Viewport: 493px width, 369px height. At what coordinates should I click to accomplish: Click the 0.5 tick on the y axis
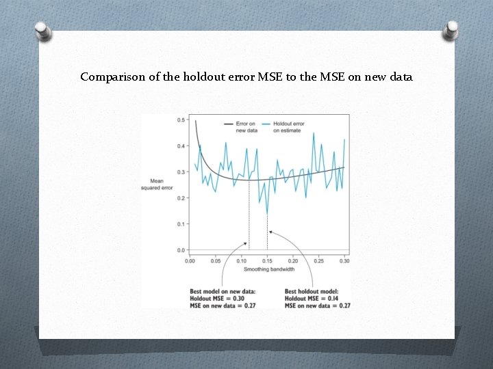[181, 120]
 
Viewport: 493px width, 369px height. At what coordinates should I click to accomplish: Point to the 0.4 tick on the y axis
[181, 146]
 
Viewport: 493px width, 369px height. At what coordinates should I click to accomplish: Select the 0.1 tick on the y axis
[181, 224]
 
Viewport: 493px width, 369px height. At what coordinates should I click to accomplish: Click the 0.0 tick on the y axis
[181, 250]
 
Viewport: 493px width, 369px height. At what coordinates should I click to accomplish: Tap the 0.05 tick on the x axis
[215, 261]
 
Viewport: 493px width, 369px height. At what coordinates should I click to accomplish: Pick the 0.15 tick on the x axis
[267, 261]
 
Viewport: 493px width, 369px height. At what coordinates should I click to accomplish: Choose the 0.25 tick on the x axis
[319, 261]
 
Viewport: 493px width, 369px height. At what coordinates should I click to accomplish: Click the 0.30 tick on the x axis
[344, 261]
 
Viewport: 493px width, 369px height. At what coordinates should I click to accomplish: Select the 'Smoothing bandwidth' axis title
[267, 269]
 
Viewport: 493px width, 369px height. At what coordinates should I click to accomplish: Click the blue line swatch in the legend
[264, 124]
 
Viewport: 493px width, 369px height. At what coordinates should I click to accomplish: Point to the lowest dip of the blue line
[267, 214]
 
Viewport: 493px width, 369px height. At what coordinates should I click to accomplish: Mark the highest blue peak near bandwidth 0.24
[314, 133]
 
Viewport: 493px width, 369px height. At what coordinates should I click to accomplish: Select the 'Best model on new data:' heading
[223, 290]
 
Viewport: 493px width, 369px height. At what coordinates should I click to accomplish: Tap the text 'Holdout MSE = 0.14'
[311, 298]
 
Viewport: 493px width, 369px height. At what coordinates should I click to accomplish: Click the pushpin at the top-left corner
[42, 31]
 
